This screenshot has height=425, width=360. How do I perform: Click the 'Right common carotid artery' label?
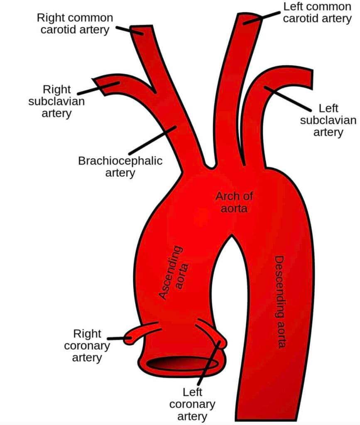click(75, 24)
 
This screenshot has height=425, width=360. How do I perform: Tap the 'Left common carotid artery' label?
click(317, 12)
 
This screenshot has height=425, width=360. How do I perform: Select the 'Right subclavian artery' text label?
click(56, 101)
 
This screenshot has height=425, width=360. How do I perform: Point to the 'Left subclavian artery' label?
click(328, 120)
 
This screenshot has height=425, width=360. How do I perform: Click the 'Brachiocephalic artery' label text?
click(120, 166)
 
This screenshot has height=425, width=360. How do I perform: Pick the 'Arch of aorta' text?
click(234, 202)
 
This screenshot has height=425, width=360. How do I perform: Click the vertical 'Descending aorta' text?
click(282, 302)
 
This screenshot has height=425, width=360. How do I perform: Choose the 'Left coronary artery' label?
click(199, 403)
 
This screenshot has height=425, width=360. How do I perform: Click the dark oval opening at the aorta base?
click(182, 364)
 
